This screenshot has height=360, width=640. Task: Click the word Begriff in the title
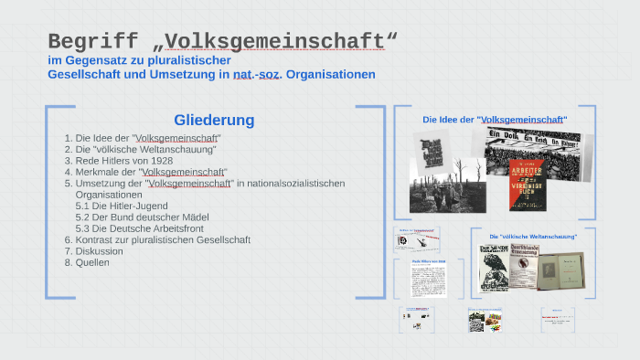(91, 41)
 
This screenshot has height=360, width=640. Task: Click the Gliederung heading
(214, 120)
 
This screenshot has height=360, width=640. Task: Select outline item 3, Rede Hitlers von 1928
(124, 160)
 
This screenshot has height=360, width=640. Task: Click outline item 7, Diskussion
(99, 251)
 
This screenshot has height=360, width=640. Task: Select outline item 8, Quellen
(92, 262)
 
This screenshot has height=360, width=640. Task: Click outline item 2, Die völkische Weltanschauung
(146, 149)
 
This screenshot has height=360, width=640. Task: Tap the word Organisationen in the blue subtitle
(330, 74)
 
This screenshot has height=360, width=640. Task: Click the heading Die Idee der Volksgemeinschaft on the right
(495, 120)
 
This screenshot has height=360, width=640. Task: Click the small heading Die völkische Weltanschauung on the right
(533, 237)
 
